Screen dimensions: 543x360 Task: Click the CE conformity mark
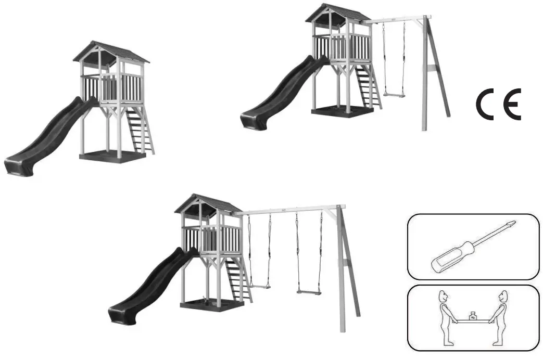499,104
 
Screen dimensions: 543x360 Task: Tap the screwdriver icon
473,246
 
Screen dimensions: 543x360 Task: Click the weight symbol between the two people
473,316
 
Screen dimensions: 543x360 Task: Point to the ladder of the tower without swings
141,130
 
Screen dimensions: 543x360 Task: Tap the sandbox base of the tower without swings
112,156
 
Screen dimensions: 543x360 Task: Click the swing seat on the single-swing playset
394,94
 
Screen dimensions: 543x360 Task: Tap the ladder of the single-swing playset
369,86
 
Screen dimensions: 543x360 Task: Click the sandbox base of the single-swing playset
342,112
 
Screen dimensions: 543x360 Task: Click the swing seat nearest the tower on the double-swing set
260,286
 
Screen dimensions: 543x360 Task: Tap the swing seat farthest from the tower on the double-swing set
309,292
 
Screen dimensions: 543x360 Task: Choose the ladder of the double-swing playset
238,280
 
